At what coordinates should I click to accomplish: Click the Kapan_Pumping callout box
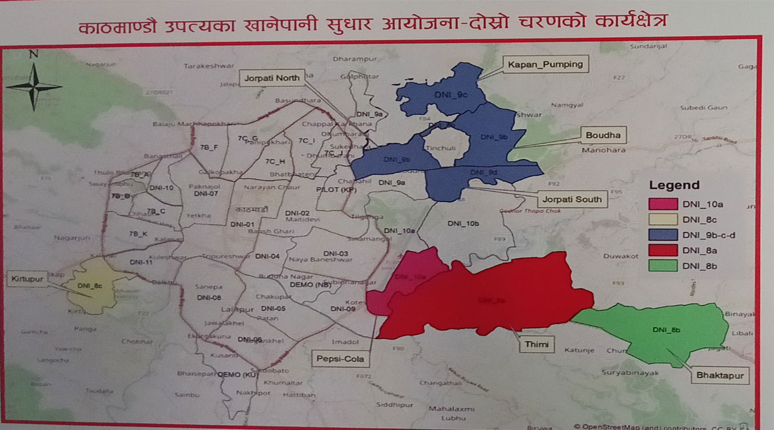(545, 64)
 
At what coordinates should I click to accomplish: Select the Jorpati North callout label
(272, 77)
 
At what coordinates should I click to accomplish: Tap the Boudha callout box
(603, 135)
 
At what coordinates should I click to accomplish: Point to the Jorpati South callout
(571, 200)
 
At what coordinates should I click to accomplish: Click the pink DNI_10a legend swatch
(663, 204)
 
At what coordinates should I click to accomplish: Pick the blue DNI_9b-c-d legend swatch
(663, 234)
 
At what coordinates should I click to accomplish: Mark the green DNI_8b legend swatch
(663, 265)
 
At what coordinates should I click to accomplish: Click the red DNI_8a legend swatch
(663, 250)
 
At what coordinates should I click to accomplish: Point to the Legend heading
(674, 185)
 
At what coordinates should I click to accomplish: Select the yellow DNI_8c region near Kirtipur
(95, 285)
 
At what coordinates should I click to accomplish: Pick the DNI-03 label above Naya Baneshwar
(335, 253)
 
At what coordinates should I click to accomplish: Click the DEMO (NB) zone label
(316, 284)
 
